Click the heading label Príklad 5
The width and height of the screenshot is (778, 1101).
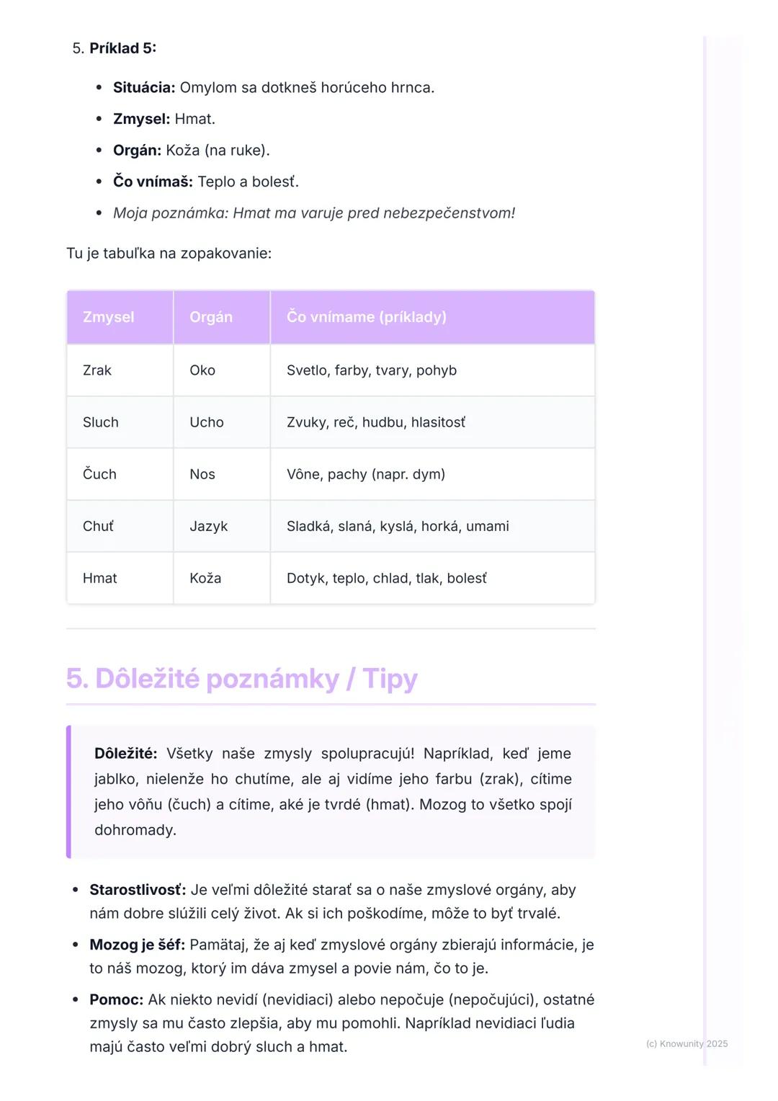tap(122, 48)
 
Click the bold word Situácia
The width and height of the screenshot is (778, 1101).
tap(143, 88)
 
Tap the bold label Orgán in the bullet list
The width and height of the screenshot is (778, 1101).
tap(137, 151)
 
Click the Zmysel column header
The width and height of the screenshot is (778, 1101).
tap(109, 317)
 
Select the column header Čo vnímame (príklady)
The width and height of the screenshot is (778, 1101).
tap(366, 317)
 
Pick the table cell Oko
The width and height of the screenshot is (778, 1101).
tap(202, 370)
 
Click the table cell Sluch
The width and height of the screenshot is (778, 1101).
tap(101, 422)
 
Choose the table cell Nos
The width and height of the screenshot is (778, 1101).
tap(202, 474)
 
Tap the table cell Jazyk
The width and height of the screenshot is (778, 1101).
tap(208, 526)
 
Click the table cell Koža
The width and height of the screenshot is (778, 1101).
tap(205, 578)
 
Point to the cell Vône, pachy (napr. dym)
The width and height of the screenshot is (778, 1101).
tap(366, 474)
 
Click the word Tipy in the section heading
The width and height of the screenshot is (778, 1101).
tap(390, 679)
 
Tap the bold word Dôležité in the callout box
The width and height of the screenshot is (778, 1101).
tap(125, 754)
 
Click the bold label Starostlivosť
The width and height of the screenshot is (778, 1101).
tap(137, 890)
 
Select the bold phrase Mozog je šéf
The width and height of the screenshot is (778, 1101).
tap(137, 945)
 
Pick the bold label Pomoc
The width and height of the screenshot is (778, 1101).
tap(116, 999)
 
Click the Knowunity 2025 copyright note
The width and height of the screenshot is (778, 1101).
tap(687, 1043)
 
